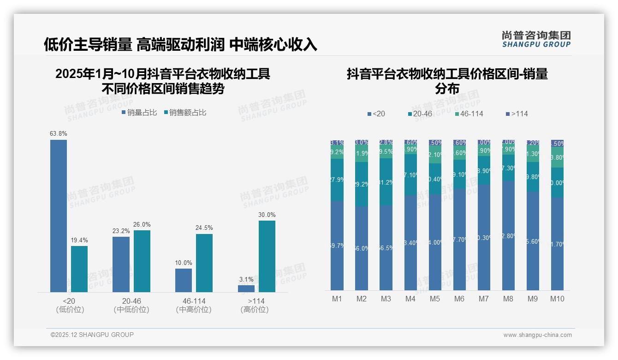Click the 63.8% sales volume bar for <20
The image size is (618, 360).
[59, 216]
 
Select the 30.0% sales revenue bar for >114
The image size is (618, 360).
[267, 256]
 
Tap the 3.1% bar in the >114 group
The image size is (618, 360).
[246, 288]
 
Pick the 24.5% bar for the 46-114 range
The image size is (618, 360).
[204, 263]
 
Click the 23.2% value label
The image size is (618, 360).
[121, 231]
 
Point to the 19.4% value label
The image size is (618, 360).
[79, 240]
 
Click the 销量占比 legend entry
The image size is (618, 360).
[140, 113]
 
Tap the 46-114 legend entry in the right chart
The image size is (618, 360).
[469, 114]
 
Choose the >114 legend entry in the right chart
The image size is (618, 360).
[517, 114]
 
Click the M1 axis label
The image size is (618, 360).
[337, 299]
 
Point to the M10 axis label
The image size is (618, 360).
[557, 299]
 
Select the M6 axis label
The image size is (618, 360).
[459, 299]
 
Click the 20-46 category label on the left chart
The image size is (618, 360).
[131, 301]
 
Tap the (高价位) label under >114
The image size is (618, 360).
[255, 310]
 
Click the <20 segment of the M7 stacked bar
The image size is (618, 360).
[484, 237]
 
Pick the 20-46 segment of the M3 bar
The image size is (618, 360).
[386, 182]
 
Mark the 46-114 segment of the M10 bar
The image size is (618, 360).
[557, 157]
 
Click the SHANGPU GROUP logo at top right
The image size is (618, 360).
[536, 39]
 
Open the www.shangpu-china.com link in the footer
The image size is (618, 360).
[537, 335]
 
